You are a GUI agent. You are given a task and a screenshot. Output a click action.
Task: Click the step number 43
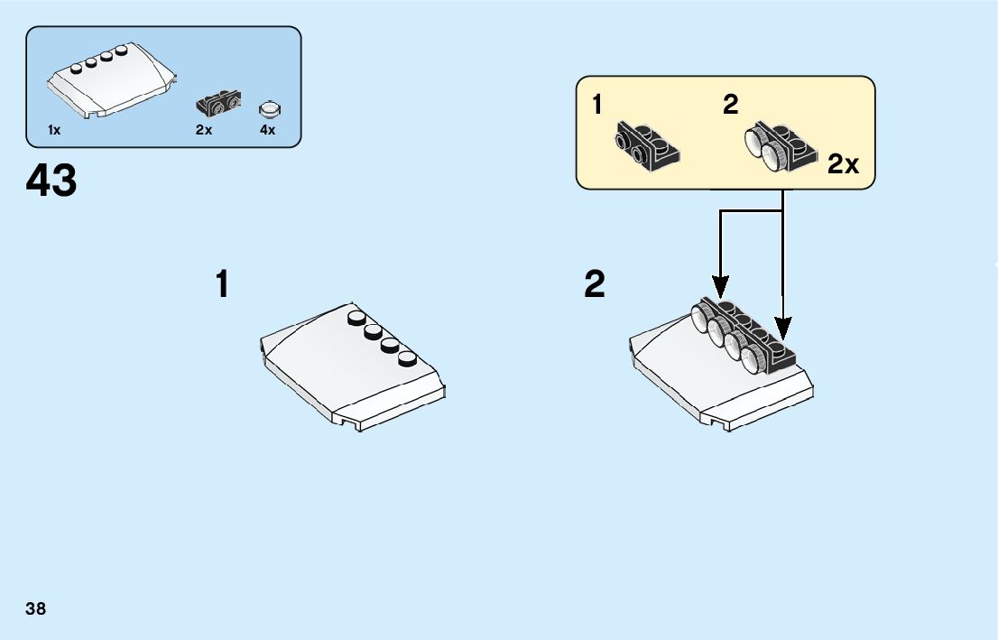[x=51, y=181]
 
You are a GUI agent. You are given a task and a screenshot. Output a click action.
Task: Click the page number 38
[x=36, y=608]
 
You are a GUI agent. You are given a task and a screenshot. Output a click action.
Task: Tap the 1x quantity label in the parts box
[x=54, y=130]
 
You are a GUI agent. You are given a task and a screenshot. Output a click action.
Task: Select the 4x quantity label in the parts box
[x=267, y=130]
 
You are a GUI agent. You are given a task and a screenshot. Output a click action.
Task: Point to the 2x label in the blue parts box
[x=204, y=130]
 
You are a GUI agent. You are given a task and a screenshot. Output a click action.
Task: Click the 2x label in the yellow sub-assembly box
[x=843, y=164]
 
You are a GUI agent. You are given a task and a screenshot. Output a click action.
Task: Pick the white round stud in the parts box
[x=269, y=109]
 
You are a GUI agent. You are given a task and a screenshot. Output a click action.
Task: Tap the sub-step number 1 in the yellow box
[x=597, y=105]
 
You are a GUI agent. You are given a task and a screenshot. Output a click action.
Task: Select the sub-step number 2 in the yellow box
[x=730, y=105]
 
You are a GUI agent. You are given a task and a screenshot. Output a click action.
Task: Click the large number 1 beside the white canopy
[x=222, y=285]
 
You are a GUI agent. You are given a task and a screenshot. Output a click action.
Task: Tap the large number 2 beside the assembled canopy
[x=595, y=285]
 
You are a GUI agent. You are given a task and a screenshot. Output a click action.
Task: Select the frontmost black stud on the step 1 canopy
[x=410, y=358]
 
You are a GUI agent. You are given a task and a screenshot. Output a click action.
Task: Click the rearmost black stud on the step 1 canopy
[x=356, y=317]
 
